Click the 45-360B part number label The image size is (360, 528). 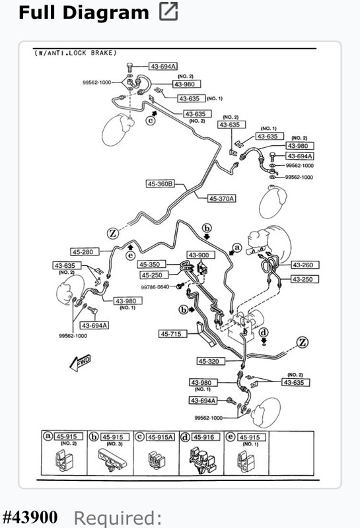pyautogui.click(x=161, y=184)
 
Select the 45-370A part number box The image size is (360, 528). pyautogui.click(x=221, y=199)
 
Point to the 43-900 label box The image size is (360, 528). pyautogui.click(x=201, y=255)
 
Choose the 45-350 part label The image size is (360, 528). pyautogui.click(x=152, y=265)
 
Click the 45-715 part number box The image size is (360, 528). pyautogui.click(x=172, y=334)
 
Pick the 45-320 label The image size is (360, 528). pyautogui.click(x=211, y=361)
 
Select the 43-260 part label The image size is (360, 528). pyautogui.click(x=305, y=265)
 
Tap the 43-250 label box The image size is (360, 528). pyautogui.click(x=305, y=279)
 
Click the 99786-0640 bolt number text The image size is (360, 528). pyautogui.click(x=155, y=287)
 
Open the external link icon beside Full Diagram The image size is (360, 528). pyautogui.click(x=168, y=11)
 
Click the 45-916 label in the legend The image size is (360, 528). pyautogui.click(x=205, y=437)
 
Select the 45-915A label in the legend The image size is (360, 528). pyautogui.click(x=160, y=437)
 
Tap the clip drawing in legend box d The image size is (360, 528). pyautogui.click(x=202, y=460)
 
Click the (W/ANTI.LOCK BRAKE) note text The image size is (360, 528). pyautogui.click(x=75, y=53)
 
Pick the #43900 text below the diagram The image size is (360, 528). pyautogui.click(x=30, y=517)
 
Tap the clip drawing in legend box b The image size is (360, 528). pyautogui.click(x=112, y=459)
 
